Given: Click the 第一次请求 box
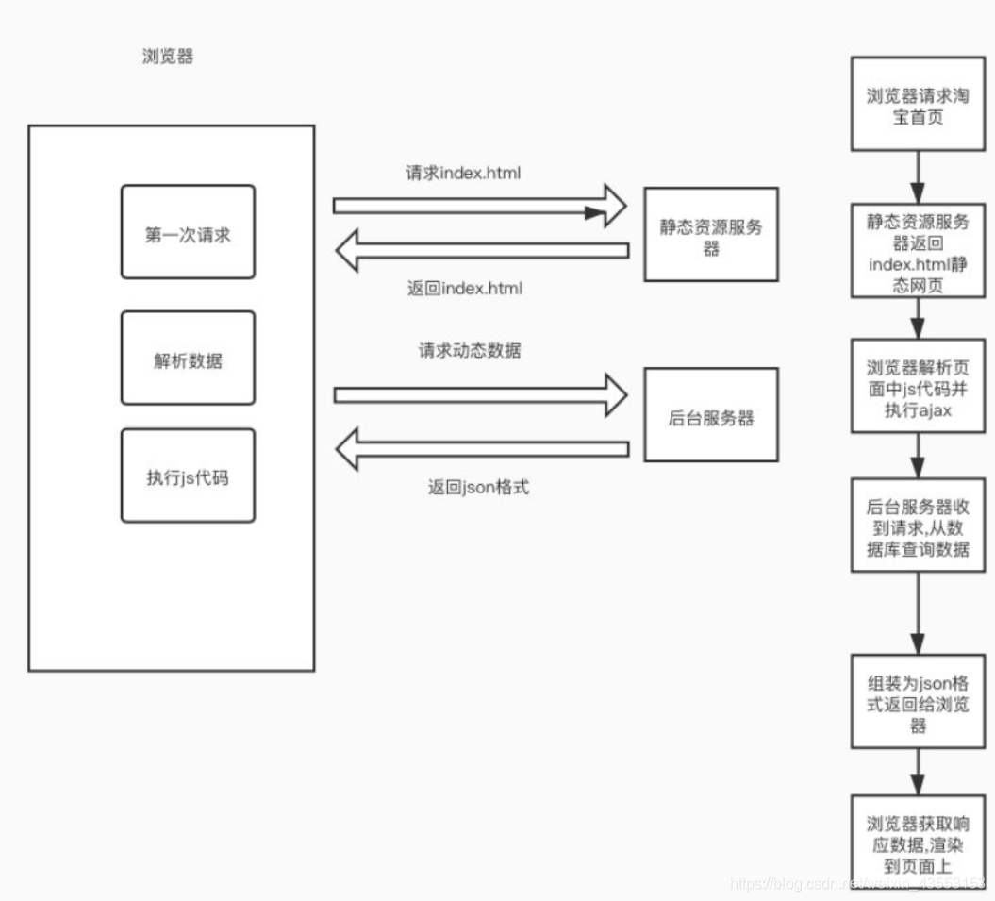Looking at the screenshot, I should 188,232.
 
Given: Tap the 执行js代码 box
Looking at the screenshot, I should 188,476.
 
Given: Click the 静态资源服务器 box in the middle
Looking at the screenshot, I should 711,234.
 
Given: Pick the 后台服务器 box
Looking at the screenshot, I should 711,415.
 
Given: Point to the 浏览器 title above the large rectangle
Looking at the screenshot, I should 167,57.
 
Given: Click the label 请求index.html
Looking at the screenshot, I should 463,174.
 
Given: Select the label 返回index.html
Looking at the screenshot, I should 465,289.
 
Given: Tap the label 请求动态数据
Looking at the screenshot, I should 470,351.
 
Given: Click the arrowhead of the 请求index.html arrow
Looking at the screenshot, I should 613,206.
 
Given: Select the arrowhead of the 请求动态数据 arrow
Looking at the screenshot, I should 613,392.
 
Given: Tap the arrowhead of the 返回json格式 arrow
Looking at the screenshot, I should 349,448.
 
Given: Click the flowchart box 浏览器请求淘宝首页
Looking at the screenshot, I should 918,103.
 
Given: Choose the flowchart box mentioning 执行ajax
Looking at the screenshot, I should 918,386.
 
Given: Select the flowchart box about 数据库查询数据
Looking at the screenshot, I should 918,527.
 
